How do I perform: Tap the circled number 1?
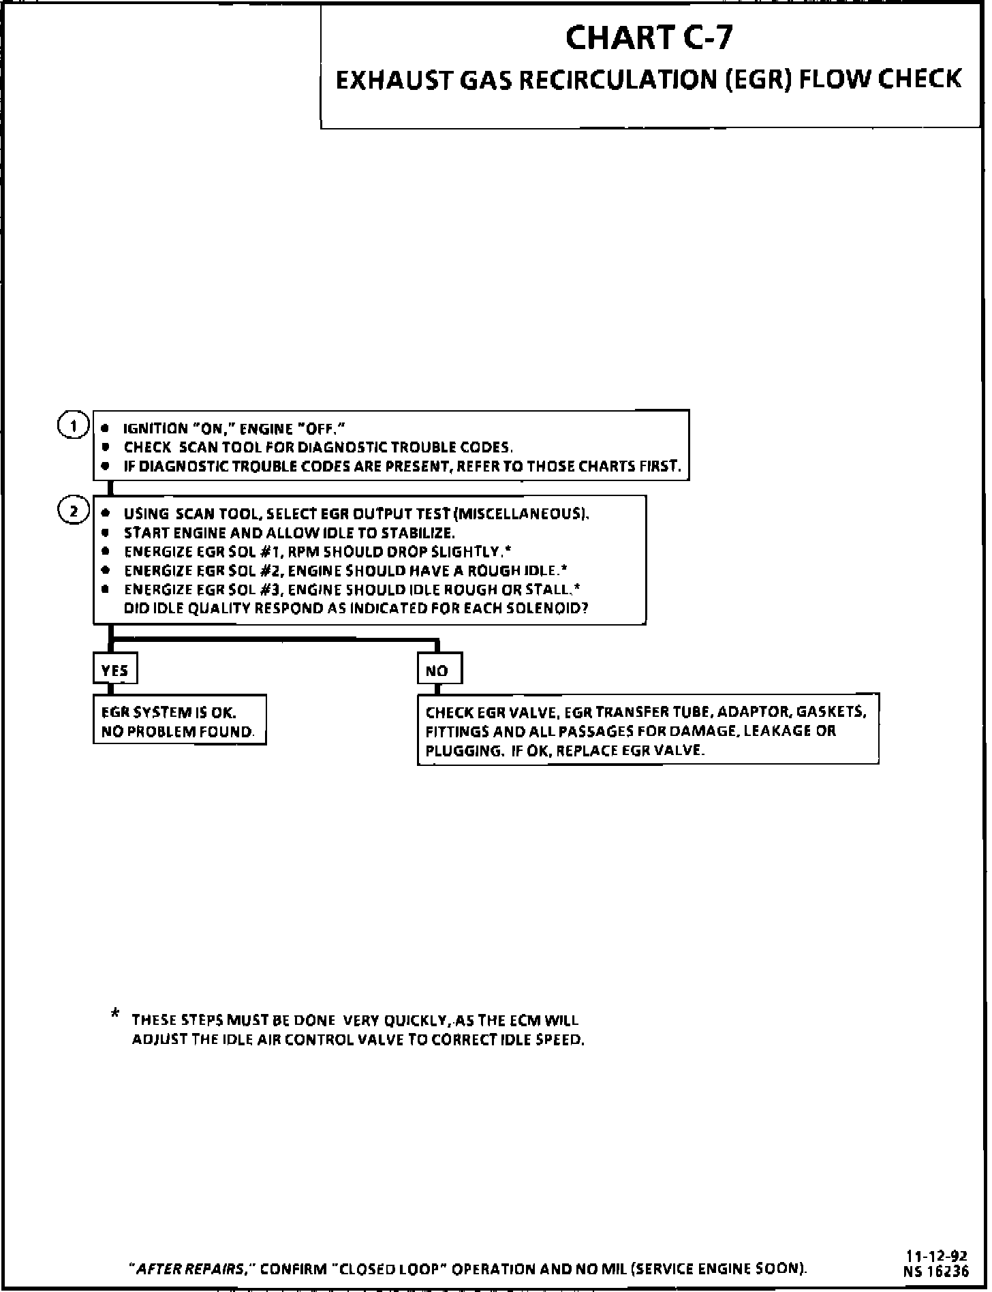(x=72, y=426)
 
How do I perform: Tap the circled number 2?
(x=73, y=511)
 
